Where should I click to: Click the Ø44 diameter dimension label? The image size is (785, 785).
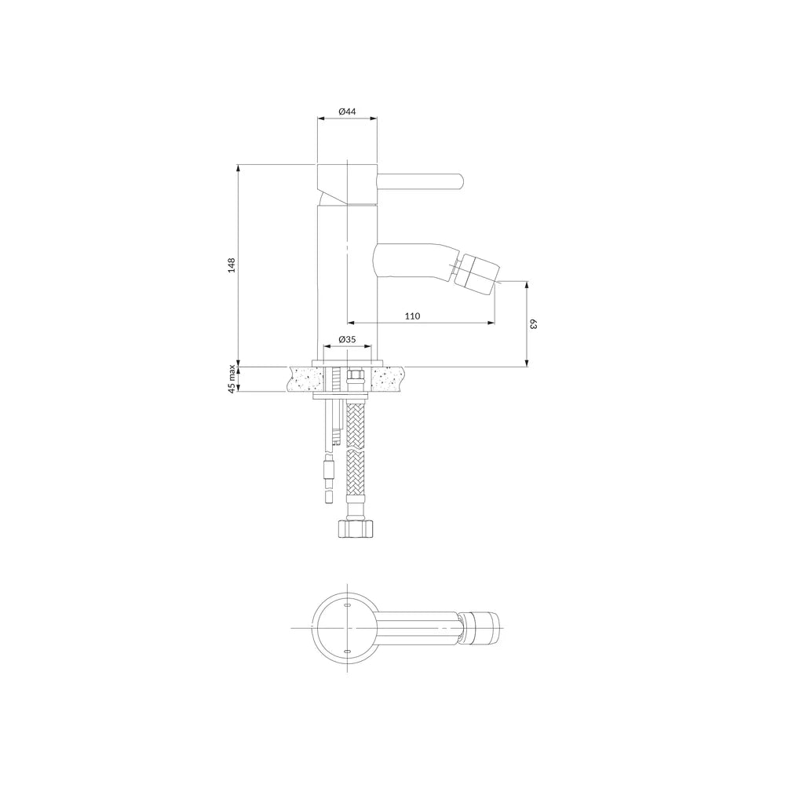pos(347,111)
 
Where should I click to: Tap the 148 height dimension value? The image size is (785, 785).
pos(231,265)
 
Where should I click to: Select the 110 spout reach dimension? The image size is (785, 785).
pos(413,316)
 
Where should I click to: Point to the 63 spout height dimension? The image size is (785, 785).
pos(533,324)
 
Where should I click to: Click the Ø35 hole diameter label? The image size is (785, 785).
pos(347,339)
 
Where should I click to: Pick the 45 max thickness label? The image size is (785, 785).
pos(232,380)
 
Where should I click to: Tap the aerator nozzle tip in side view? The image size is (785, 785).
pos(480,274)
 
